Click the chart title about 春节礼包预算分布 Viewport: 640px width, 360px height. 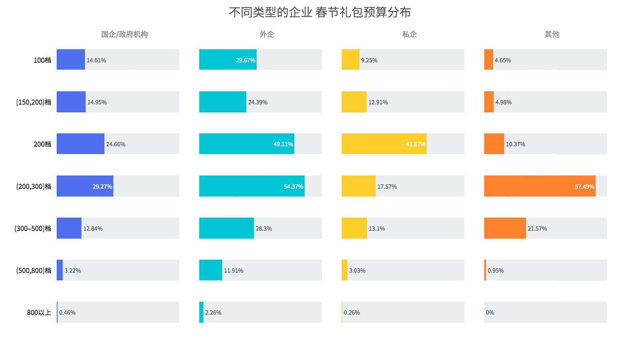(320, 12)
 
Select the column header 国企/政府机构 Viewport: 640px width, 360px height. (124, 34)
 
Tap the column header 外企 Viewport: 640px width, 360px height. (267, 34)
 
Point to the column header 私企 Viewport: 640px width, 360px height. (409, 34)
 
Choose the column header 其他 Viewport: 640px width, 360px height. (552, 34)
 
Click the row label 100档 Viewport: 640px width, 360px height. (42, 60)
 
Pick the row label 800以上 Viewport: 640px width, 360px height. (39, 312)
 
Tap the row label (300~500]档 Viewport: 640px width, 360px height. (33, 228)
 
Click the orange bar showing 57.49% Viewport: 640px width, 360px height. (540, 186)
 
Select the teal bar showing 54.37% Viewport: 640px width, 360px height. (252, 186)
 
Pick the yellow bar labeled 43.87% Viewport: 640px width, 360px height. (384, 144)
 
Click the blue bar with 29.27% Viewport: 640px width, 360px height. (85, 186)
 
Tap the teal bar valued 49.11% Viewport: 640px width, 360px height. (246, 144)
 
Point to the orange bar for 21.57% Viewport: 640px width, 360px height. (505, 228)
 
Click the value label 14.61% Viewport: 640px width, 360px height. (96, 60)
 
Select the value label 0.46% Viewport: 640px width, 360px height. (67, 312)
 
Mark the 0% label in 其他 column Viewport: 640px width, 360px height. (490, 312)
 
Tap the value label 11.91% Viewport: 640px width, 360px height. (234, 270)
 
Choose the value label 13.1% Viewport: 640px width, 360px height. (377, 228)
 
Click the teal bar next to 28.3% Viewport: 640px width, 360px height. (226, 228)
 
